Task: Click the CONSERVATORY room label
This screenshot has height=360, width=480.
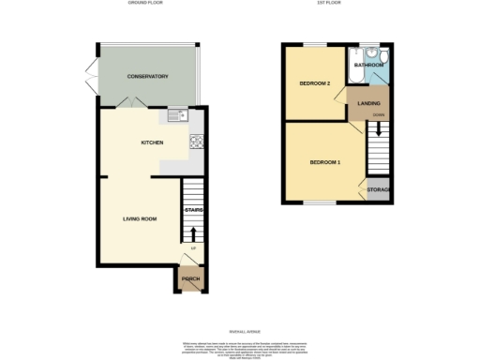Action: (x=147, y=76)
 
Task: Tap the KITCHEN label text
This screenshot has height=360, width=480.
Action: (x=152, y=142)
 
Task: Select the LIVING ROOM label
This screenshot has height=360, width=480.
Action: (x=139, y=219)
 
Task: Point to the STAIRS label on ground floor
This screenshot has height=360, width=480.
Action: (x=193, y=210)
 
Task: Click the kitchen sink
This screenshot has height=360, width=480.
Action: (x=176, y=115)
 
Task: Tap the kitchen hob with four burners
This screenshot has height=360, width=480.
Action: (x=197, y=142)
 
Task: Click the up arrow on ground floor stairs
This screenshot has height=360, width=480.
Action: (x=193, y=233)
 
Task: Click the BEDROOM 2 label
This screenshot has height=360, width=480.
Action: (x=314, y=84)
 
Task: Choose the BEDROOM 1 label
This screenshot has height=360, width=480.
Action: (x=325, y=163)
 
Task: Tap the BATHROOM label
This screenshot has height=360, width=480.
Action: (x=368, y=66)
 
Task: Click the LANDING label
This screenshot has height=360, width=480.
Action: (x=367, y=104)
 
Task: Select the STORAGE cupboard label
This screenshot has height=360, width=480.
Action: (x=379, y=190)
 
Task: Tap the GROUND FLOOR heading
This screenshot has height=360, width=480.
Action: (x=145, y=5)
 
